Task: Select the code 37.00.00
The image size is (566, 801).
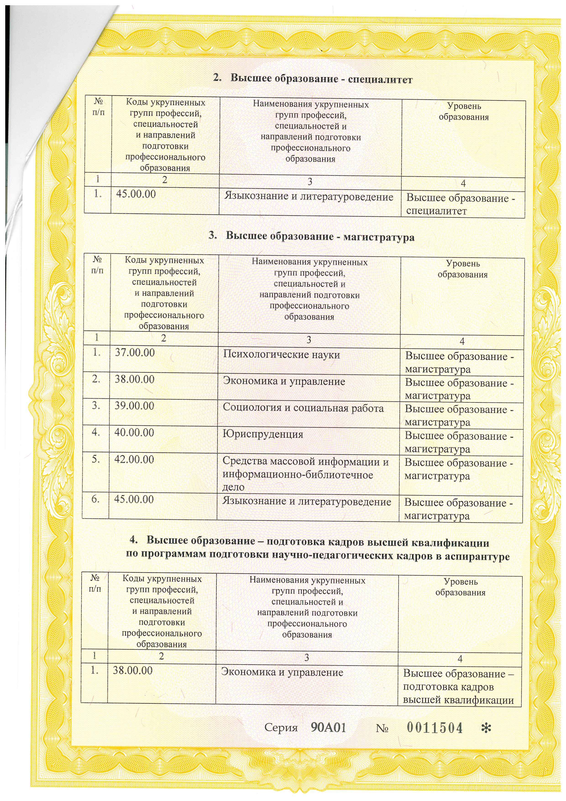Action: coord(135,353)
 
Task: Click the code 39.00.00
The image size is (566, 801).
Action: coord(134,406)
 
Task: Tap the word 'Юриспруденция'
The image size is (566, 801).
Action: coord(263,435)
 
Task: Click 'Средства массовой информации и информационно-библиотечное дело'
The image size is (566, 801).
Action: coord(305,474)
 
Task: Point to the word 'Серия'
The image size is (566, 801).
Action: coord(281,728)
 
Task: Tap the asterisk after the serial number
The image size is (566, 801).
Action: coord(486,728)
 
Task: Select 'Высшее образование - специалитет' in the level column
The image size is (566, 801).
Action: coord(460,204)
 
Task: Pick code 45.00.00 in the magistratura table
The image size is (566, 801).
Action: coord(134,499)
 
